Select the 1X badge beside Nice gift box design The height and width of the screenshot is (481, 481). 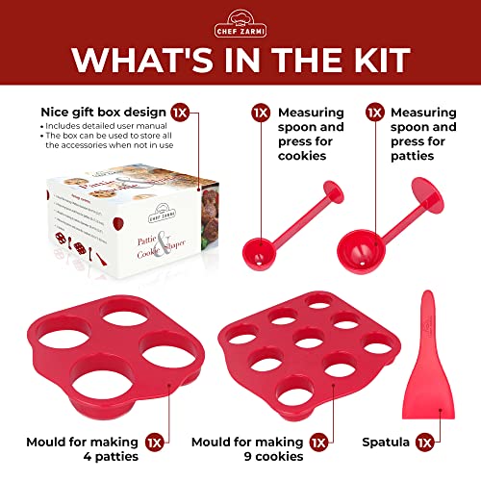(180, 112)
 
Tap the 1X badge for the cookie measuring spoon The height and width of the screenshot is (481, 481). (261, 112)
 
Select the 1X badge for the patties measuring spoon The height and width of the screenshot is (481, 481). (376, 112)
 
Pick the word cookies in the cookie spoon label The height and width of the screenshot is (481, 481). (306, 156)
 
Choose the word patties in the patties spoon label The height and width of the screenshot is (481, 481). (418, 156)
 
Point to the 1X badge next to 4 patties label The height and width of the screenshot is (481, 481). (155, 443)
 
